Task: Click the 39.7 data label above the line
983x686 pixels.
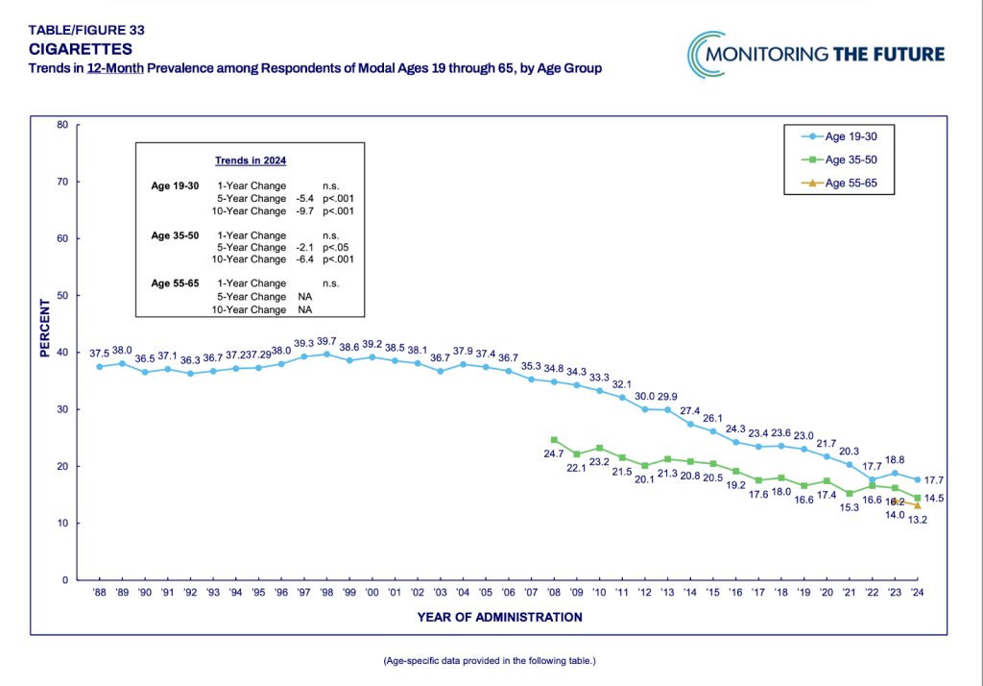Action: pos(327,340)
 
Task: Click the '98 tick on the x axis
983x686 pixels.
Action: pos(328,592)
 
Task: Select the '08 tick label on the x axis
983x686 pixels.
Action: pos(553,592)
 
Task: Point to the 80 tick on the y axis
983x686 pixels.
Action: pos(61,125)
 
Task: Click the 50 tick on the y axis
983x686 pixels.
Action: pos(61,296)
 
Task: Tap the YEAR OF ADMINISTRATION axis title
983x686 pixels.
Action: pos(499,617)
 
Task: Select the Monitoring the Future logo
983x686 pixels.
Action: pos(816,54)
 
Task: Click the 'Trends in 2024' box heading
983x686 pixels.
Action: pos(250,160)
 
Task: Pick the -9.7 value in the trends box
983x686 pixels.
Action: pos(308,210)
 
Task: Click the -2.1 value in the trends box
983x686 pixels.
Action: pos(308,248)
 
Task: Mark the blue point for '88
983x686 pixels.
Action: pos(99,366)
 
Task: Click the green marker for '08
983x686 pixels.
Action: pos(554,440)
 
